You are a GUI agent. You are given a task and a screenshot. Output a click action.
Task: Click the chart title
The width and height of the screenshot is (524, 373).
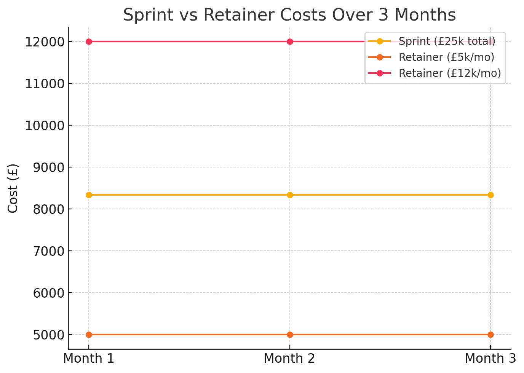coord(289,15)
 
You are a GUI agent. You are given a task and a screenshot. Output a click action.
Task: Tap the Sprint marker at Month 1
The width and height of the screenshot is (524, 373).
coord(89,195)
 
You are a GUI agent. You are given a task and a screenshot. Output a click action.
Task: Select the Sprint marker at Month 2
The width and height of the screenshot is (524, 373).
coord(290,195)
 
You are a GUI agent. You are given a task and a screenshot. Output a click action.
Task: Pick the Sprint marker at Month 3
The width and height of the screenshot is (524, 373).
coord(490,195)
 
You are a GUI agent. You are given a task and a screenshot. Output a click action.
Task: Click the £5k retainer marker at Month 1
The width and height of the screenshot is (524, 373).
coord(89,335)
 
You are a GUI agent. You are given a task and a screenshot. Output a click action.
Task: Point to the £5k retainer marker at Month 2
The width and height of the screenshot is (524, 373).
coord(290,335)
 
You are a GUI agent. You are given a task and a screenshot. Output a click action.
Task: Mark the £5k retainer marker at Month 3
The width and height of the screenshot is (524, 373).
coord(490,335)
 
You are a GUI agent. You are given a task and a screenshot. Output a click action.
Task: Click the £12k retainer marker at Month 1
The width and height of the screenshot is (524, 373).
coord(89,41)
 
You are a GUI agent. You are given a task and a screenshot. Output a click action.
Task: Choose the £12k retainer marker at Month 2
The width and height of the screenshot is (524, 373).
coord(290,41)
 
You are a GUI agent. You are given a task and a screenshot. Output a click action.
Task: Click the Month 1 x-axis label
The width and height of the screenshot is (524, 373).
coord(89,359)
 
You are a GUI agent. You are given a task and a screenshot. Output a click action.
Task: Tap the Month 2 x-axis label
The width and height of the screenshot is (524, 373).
coord(289,359)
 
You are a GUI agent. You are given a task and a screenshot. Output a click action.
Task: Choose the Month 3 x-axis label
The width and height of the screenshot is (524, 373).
coord(490,359)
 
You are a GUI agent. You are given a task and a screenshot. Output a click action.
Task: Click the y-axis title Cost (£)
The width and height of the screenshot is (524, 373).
coord(13,188)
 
